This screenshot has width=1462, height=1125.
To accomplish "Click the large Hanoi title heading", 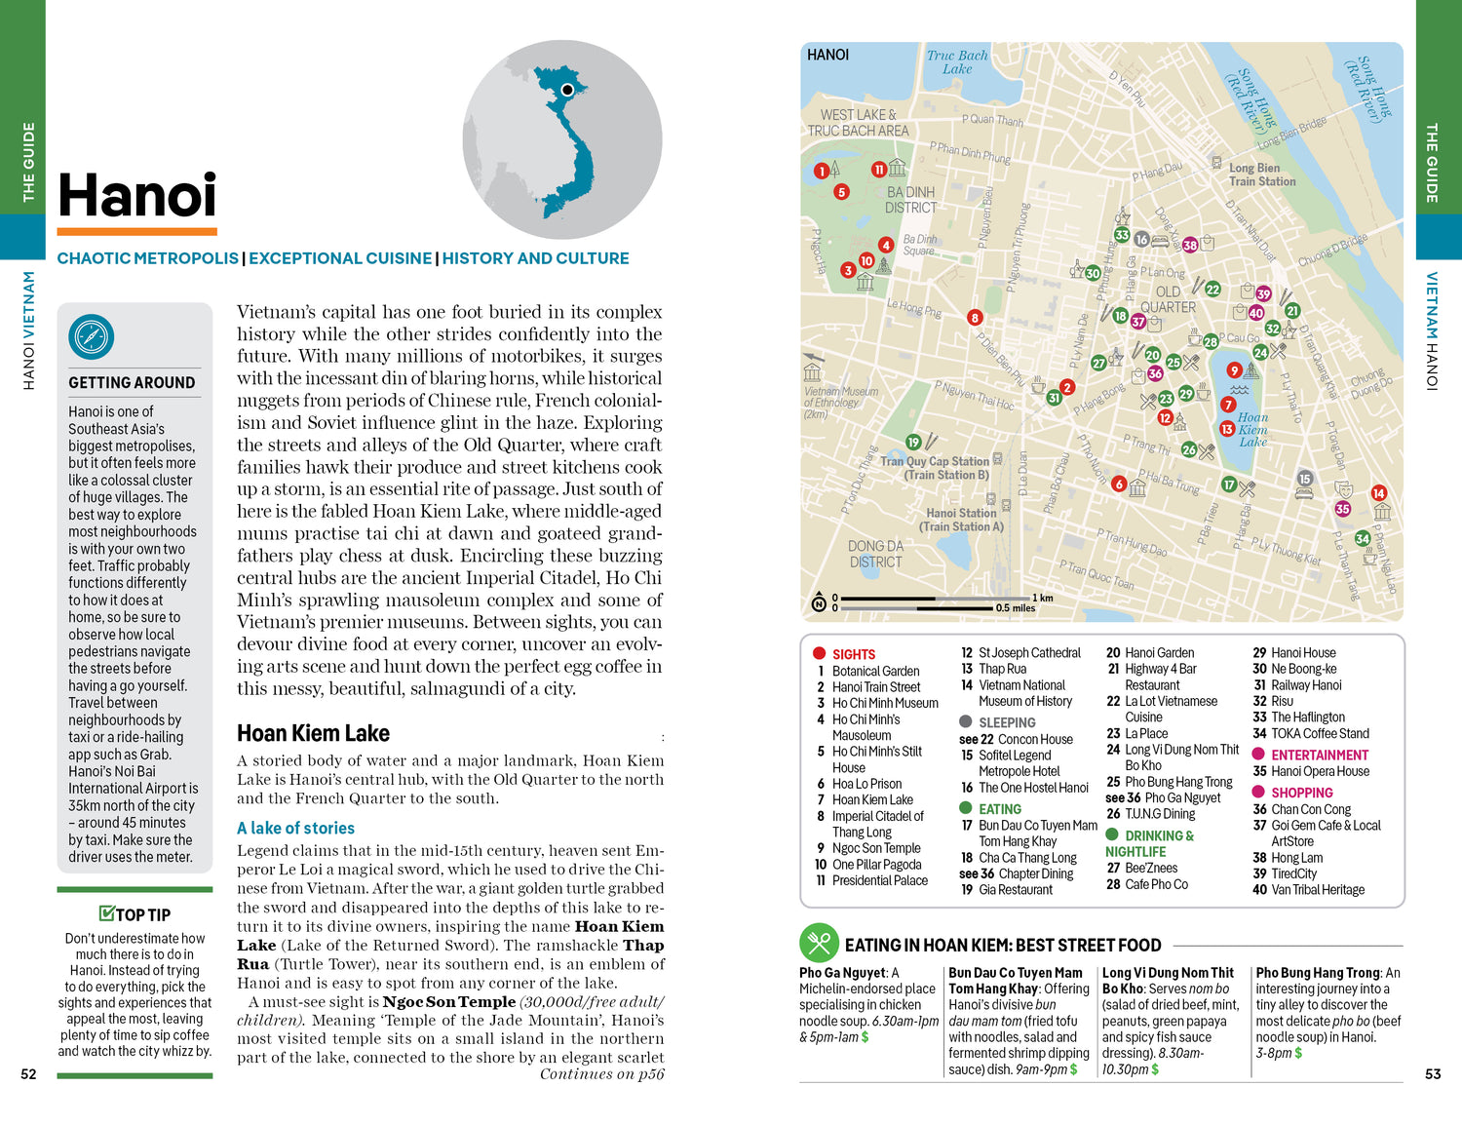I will coord(137,196).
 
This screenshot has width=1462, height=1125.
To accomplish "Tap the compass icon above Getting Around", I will coord(92,337).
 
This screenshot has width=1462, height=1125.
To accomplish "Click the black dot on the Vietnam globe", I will coord(567,91).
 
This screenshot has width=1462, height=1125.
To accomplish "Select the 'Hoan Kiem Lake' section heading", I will coord(313,734).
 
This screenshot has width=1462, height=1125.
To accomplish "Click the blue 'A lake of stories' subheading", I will coord(295,828).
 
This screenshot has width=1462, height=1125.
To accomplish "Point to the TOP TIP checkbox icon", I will coord(107,913).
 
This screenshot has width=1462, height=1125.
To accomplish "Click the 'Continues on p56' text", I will coord(601,1074).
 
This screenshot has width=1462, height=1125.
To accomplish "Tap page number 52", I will coord(29,1074).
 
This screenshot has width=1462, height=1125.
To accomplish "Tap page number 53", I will coord(1433,1074).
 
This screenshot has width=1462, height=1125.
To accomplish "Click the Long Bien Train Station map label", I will coord(1262,175).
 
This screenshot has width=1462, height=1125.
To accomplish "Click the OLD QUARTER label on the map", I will coord(1168,299).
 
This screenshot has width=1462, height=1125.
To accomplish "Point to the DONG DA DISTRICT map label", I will coord(875,554).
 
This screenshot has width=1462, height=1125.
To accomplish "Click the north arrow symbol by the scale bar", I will coord(819,603).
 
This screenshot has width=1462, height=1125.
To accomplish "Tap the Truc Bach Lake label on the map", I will coord(956,62).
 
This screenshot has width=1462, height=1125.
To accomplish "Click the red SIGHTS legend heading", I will coord(853,654).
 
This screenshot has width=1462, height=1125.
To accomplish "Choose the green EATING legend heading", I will coord(999,809).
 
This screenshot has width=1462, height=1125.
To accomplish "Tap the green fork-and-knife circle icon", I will coord(819,943).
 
